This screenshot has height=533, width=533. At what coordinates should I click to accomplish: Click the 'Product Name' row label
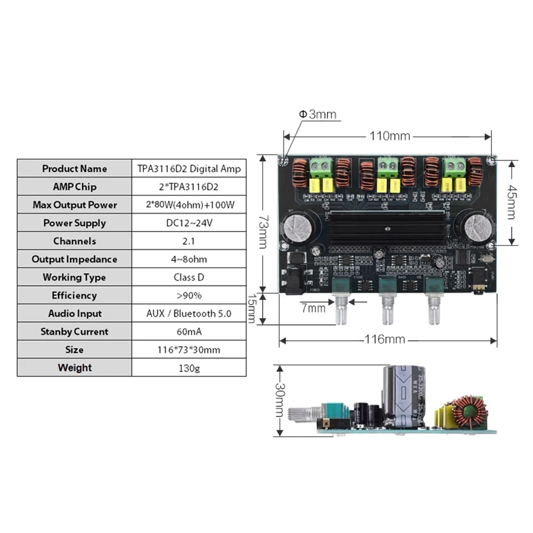[x=75, y=169]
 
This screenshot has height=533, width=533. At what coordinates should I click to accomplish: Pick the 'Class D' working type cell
[x=188, y=277]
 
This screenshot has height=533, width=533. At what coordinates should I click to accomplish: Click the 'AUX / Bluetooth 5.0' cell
[x=189, y=314]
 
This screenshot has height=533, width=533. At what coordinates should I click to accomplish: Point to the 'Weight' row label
[x=75, y=368]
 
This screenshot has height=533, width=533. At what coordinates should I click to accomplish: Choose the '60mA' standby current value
[x=188, y=332]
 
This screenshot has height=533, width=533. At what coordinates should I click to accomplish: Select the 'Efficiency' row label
[x=75, y=296]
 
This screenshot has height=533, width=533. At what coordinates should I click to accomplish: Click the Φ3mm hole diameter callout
[x=317, y=114]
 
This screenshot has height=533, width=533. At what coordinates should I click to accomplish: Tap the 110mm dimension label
[x=390, y=136]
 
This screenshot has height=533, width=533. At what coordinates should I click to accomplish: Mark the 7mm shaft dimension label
[x=313, y=308]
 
